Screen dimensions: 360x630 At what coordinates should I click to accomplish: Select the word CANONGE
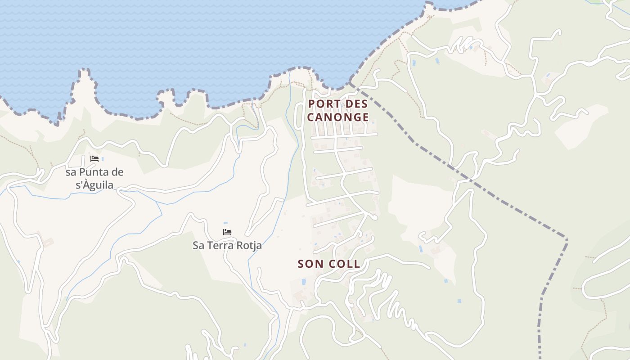pyautogui.click(x=338, y=117)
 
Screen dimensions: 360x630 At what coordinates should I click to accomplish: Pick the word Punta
pyautogui.click(x=97, y=172)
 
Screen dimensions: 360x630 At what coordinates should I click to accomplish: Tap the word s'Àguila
pyautogui.click(x=94, y=185)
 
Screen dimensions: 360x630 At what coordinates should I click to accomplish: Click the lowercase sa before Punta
pyautogui.click(x=71, y=172)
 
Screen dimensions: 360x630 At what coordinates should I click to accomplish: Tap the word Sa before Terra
pyautogui.click(x=198, y=246)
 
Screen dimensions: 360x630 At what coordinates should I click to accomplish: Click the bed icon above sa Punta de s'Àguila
pyautogui.click(x=94, y=159)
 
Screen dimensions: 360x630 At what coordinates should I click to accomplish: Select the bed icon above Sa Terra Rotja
pyautogui.click(x=227, y=232)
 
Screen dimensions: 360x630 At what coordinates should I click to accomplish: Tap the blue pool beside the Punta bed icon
pyautogui.click(x=103, y=159)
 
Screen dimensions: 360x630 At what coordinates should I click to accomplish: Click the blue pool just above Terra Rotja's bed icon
pyautogui.click(x=225, y=223)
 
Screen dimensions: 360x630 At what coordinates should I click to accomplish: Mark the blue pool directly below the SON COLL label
pyautogui.click(x=304, y=282)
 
